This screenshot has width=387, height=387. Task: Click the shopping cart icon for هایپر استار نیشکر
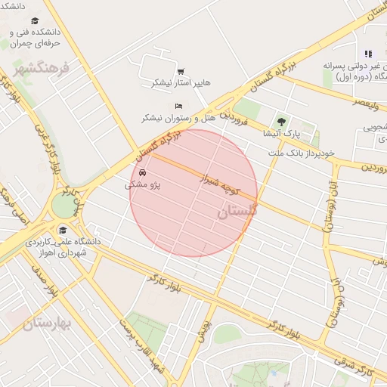pos(180,72)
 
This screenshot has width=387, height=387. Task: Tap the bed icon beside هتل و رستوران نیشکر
pos(178,107)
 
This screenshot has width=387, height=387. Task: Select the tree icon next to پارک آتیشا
pos(282,121)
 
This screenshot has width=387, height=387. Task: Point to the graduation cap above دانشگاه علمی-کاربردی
pos(63,230)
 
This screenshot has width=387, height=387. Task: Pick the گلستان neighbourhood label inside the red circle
pos(237,213)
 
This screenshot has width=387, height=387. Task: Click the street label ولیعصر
pos(370,101)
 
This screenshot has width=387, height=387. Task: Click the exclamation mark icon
pos(368,54)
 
